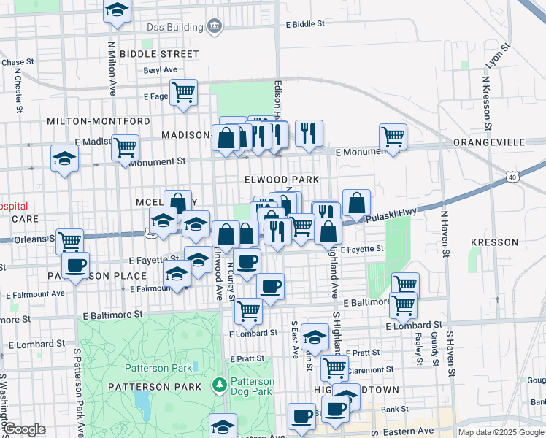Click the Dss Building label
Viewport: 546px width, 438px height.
pos(174,28)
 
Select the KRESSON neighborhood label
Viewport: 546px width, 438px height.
pos(494,242)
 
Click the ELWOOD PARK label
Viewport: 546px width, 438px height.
pos(282,180)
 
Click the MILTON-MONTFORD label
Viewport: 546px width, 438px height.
pos(99,121)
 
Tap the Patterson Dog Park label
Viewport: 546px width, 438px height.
pos(252,386)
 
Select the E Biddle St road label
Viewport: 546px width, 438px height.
pos(305,24)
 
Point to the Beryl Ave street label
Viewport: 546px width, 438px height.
pos(161,70)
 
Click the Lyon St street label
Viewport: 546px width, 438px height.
pos(499,55)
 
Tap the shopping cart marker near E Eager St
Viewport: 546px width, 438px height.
pos(184,92)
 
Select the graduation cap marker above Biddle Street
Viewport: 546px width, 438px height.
pos(117,11)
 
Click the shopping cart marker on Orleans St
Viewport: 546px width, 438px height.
pos(70,241)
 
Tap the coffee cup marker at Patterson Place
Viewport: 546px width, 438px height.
pos(75,266)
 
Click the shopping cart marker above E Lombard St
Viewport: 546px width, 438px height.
pos(248,311)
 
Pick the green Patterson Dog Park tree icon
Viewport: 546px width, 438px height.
pos(218,384)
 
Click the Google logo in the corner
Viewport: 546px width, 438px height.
pos(24,429)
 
